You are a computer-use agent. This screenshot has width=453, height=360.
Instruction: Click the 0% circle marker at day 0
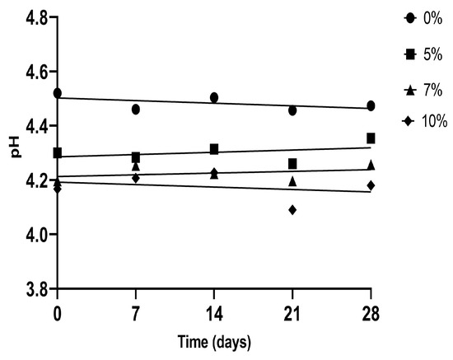tap(57, 93)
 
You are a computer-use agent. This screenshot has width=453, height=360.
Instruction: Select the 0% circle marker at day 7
tap(136, 109)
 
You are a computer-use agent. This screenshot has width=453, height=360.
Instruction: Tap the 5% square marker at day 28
tap(371, 138)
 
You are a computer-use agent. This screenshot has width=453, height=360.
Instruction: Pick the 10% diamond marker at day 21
tap(292, 210)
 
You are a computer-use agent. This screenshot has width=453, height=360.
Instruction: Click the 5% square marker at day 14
tap(214, 149)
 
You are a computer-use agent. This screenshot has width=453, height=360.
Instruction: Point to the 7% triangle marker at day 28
tap(371, 165)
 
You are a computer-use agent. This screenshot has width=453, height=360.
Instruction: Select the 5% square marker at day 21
tap(292, 164)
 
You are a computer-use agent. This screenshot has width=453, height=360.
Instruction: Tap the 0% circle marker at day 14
tap(214, 97)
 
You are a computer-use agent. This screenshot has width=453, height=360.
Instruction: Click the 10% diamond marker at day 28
tap(371, 185)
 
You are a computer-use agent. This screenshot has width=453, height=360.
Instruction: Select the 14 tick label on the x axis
tap(214, 313)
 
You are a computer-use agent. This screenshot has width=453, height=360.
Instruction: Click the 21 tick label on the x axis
tap(292, 313)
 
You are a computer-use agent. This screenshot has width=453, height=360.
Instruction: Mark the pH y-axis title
tap(10, 153)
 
